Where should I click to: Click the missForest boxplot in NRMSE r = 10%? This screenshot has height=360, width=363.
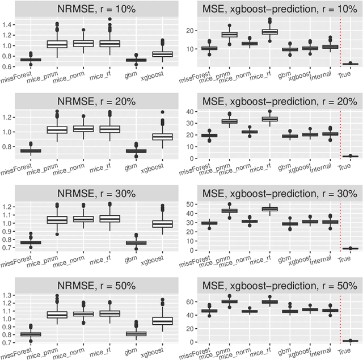click(30, 60)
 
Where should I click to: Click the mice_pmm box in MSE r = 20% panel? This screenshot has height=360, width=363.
click(229, 121)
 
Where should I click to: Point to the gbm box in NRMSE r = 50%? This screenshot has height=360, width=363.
click(136, 333)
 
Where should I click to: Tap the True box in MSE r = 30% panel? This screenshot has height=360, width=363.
click(350, 248)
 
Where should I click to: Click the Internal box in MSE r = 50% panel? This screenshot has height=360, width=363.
click(330, 310)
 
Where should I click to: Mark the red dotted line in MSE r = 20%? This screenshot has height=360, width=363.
click(340, 135)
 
